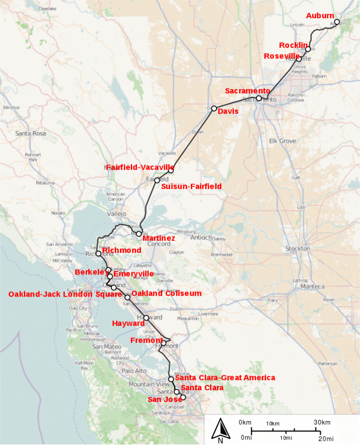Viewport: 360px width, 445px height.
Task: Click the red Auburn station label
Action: pyautogui.click(x=320, y=16)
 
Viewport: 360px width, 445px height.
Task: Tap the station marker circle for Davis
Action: pyautogui.click(x=214, y=108)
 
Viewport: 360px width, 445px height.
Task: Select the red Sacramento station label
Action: pyautogui.click(x=247, y=91)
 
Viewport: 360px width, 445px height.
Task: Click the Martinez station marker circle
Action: pyautogui.click(x=139, y=233)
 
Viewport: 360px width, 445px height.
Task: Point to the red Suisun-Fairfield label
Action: pyautogui.click(x=191, y=186)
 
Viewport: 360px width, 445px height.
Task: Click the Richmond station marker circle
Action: pyautogui.click(x=98, y=253)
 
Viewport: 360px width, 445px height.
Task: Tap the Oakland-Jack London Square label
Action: pyautogui.click(x=65, y=294)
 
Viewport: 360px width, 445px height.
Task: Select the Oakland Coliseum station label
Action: pyautogui.click(x=166, y=293)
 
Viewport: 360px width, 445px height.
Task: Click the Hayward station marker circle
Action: pyautogui.click(x=146, y=318)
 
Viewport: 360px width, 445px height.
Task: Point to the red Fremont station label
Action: pyautogui.click(x=146, y=340)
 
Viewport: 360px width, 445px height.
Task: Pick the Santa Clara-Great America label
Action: pyautogui.click(x=225, y=378)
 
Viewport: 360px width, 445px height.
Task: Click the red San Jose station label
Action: pyautogui.click(x=164, y=399)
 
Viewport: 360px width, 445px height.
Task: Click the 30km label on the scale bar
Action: pyautogui.click(x=322, y=422)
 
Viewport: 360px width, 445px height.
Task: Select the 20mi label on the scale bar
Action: pyautogui.click(x=326, y=438)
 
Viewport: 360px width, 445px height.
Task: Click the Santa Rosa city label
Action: pyautogui.click(x=30, y=133)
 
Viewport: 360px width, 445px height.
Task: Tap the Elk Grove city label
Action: pyautogui.click(x=283, y=141)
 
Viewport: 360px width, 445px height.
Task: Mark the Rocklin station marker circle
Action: pyautogui.click(x=308, y=49)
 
